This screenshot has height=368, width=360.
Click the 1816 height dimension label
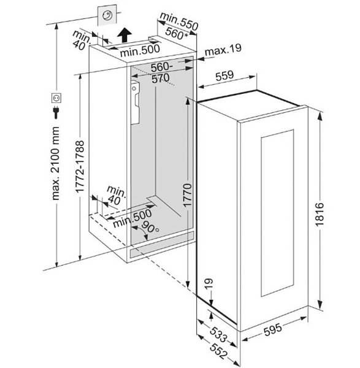click(320, 214)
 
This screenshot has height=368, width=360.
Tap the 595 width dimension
click(273, 329)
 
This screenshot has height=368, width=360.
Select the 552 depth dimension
click(219, 351)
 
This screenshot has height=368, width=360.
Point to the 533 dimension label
click(219, 334)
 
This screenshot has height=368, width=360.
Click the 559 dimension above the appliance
click(225, 75)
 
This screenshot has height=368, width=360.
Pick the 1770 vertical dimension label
click(188, 196)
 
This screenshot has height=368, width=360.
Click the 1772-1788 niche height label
click(80, 167)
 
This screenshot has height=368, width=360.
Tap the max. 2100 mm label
click(56, 163)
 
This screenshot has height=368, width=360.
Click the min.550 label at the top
click(179, 21)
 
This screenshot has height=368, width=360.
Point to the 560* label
click(177, 34)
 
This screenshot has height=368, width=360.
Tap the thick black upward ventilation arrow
click(124, 35)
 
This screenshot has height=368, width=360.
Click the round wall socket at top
click(107, 15)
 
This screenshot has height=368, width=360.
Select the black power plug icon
click(56, 112)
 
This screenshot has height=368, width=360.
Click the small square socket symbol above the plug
click(56, 98)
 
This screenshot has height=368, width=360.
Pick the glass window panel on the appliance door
click(277, 213)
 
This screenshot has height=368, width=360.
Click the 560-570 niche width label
click(161, 72)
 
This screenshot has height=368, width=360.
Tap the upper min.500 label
click(140, 51)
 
